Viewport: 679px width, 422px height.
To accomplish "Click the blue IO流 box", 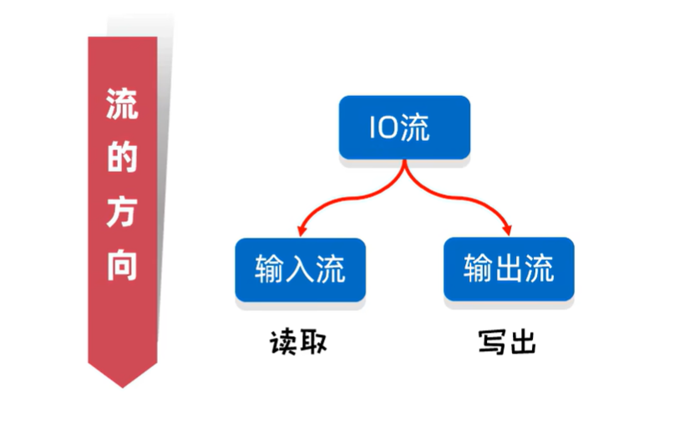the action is pos(404,128).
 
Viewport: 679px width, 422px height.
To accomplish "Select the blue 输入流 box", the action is pos(301,269).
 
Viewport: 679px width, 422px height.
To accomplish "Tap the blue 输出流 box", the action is pos(509,269).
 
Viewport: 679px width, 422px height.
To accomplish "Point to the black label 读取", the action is pos(298,342).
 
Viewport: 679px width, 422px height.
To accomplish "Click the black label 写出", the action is pos(507,342).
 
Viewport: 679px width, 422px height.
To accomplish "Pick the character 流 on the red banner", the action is pos(123,105).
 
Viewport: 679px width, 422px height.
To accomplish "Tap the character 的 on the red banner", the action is pos(123,158).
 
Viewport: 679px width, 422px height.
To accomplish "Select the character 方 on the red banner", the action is pos(123,211).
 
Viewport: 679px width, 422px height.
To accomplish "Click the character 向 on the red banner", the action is pos(123,264).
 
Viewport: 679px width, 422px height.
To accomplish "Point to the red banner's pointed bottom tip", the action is pos(123,384).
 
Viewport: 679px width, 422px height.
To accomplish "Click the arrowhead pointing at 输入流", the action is pos(301,229).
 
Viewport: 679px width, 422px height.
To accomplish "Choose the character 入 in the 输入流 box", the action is pos(301,269).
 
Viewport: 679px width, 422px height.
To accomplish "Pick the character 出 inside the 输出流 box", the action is pos(509,269).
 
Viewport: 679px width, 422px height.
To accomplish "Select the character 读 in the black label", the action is pos(283,342).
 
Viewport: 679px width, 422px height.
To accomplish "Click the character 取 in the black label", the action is pos(313,342).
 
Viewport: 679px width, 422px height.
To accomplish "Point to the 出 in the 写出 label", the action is pos(522,342).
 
